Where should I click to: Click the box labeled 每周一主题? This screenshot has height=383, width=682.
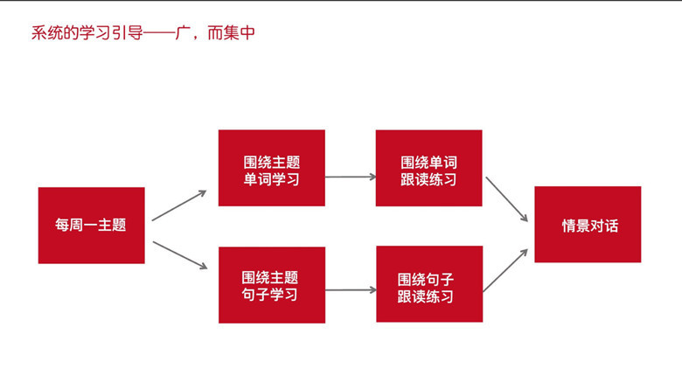(x=91, y=226)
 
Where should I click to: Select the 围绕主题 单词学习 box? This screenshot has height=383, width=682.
(x=271, y=168)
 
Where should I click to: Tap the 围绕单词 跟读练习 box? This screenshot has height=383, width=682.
(x=428, y=168)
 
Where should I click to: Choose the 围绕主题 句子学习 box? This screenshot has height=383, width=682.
(x=272, y=285)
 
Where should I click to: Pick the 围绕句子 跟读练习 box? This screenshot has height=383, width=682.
(x=429, y=284)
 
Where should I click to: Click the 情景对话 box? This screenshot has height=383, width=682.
(x=588, y=225)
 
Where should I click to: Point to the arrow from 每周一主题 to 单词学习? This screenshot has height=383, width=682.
(x=178, y=205)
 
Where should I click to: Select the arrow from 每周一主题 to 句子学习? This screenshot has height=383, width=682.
(x=180, y=255)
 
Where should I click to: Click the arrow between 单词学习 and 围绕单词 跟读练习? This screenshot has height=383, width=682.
(x=351, y=177)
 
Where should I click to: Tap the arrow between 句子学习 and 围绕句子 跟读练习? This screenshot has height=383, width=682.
(x=351, y=289)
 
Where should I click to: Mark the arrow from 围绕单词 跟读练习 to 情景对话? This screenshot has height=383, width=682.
(x=507, y=199)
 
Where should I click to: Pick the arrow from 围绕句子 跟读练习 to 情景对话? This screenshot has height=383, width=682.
(x=505, y=270)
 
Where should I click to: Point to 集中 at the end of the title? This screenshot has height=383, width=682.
(x=239, y=33)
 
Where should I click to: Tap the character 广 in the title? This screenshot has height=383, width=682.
(x=183, y=33)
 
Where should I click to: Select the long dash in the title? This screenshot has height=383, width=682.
(x=159, y=33)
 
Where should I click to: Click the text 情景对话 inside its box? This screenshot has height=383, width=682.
(x=590, y=226)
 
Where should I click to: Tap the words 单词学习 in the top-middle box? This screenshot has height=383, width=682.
(x=271, y=179)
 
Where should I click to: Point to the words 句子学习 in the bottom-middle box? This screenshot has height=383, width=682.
(x=269, y=294)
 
